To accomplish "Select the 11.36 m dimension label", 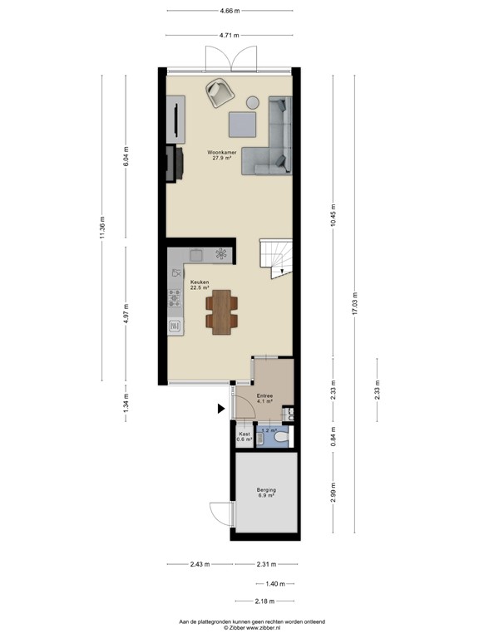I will click(x=101, y=226).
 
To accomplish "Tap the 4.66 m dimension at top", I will click(x=230, y=11).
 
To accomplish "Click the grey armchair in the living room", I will click(x=220, y=91).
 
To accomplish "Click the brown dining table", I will click(x=221, y=311).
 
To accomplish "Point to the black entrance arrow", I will click(x=220, y=408).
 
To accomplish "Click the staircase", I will click(x=275, y=258).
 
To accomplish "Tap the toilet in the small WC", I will click(x=281, y=436).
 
